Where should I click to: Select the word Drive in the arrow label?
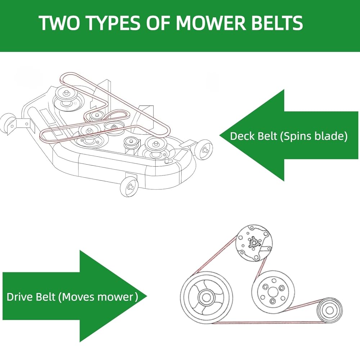[18, 297]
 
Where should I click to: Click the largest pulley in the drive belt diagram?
[206, 297]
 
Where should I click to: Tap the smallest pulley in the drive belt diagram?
[329, 309]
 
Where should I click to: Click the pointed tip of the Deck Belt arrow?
[220, 135]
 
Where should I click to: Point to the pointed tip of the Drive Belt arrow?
[147, 296]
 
